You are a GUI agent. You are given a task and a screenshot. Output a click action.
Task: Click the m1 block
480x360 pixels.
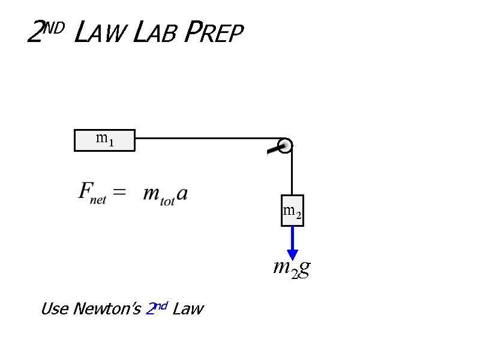[104, 140]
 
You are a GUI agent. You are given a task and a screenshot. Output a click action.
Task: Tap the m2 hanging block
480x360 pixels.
[292, 211]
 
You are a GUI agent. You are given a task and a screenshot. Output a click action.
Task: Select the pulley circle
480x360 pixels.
[286, 145]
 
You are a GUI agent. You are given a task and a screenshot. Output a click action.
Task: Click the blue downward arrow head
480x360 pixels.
[293, 254]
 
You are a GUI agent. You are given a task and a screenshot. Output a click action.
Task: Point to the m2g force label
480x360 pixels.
[292, 268]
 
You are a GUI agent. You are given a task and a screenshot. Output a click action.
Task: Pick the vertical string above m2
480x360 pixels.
[292, 174]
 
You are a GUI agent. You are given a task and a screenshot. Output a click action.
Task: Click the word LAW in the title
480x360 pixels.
[98, 34]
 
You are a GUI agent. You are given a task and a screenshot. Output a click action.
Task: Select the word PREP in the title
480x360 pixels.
[214, 34]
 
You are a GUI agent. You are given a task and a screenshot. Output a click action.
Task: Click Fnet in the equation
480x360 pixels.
[92, 193]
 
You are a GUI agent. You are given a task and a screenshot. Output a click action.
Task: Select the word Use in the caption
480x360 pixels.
[54, 310]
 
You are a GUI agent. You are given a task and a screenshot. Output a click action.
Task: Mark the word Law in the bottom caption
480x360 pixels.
[188, 310]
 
